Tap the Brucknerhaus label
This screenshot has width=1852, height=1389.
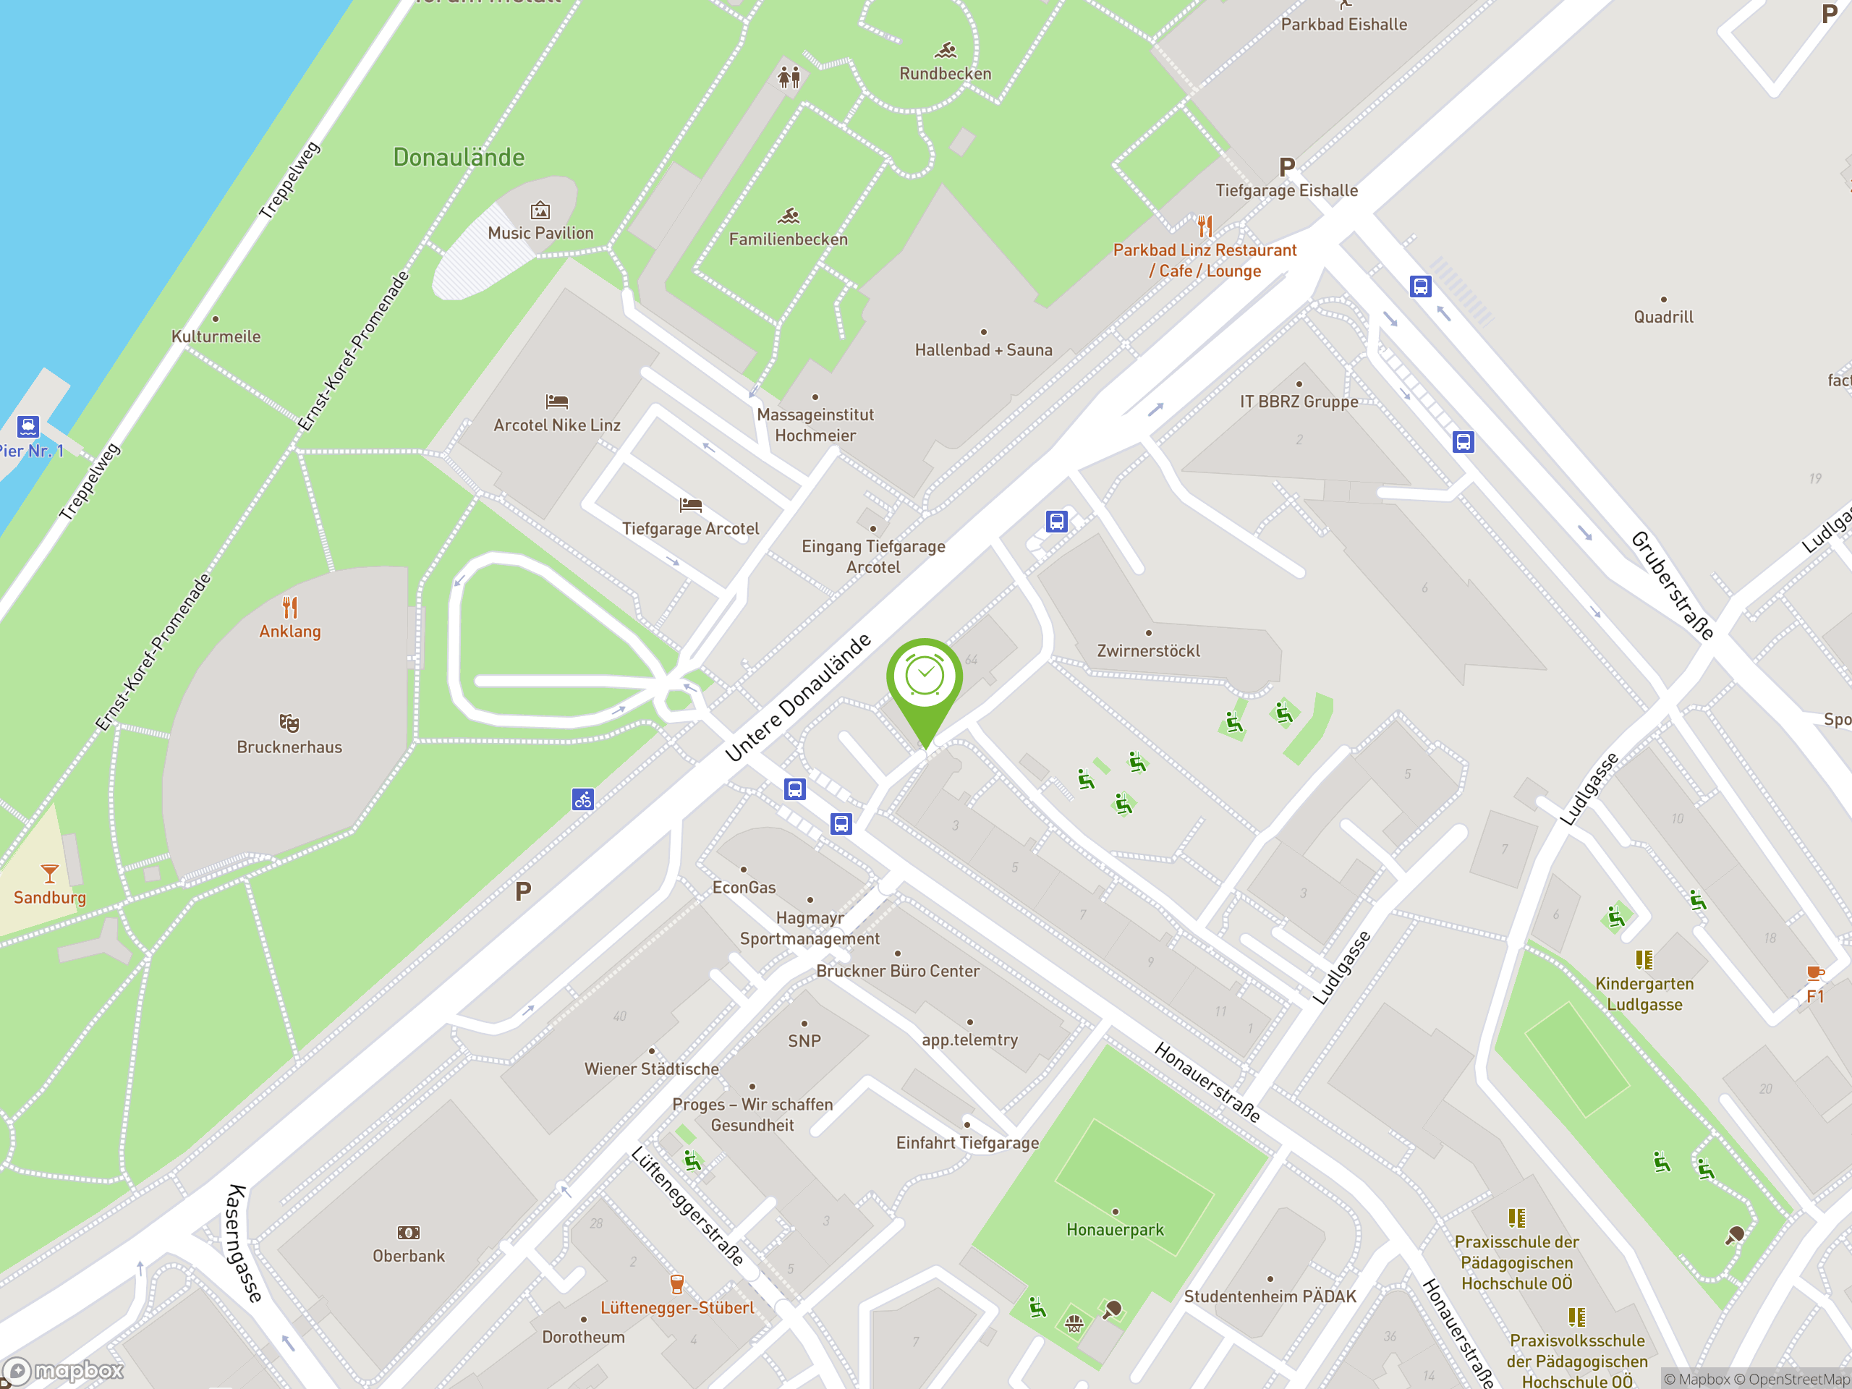289,747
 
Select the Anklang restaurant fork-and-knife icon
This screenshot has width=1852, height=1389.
289,606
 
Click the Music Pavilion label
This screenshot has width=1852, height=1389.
541,233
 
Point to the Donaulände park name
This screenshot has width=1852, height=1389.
459,158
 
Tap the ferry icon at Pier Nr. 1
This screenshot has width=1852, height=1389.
27,426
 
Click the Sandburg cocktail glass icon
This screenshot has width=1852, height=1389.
49,874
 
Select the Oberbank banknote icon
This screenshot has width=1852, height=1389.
409,1233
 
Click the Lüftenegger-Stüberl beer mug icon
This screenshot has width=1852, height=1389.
677,1283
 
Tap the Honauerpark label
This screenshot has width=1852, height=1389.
1116,1229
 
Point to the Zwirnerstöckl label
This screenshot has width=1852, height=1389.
1148,650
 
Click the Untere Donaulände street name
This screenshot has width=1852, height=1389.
798,698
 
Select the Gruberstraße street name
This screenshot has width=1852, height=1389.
1672,585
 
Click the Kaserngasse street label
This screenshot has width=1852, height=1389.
244,1244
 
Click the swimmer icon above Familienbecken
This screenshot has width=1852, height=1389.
789,217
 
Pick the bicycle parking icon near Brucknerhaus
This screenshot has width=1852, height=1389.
582,799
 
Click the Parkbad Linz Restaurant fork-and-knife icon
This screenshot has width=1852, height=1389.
1205,226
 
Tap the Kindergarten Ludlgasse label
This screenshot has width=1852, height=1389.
1644,994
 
